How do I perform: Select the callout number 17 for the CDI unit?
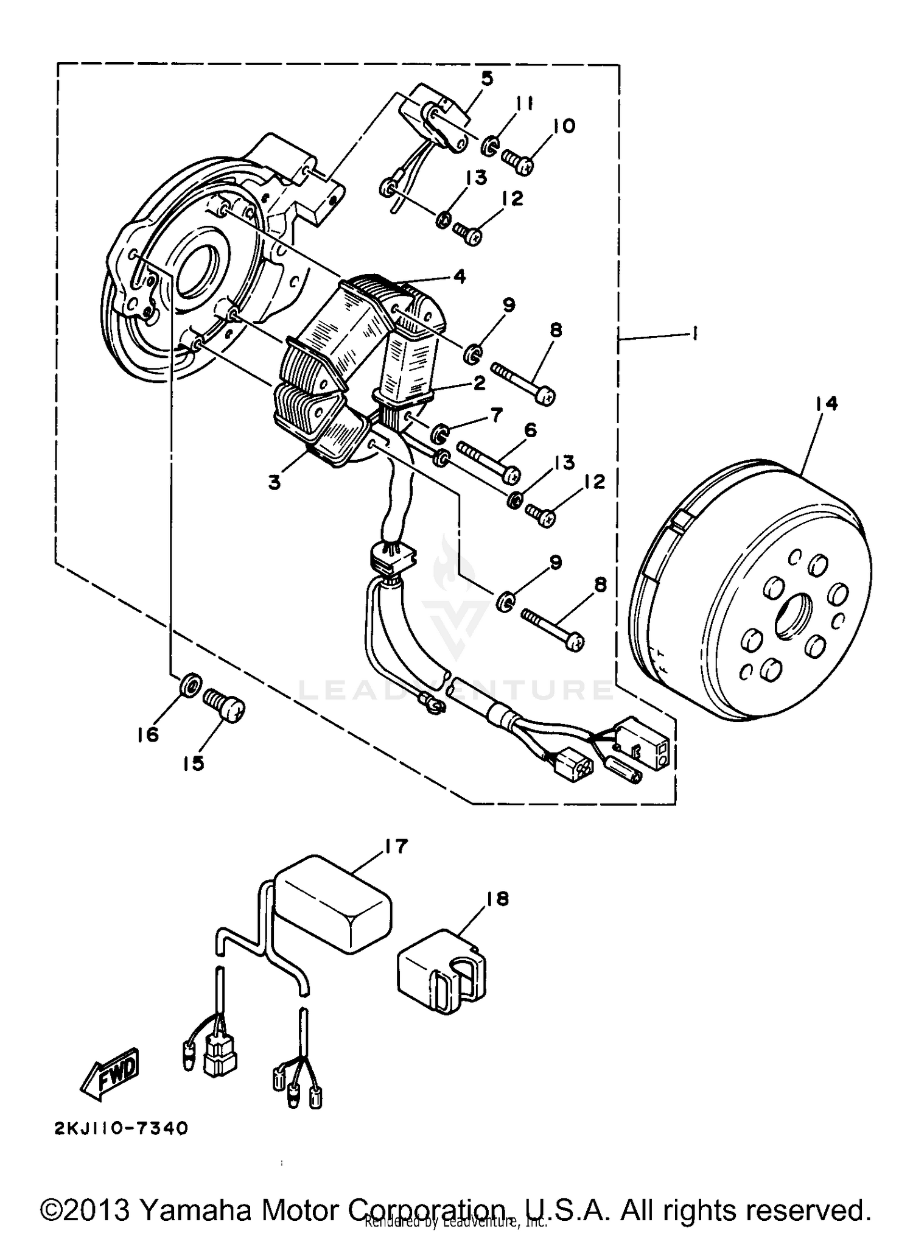396,846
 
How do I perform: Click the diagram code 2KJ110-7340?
121,1129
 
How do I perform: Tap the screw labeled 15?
226,706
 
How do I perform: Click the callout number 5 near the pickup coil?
487,79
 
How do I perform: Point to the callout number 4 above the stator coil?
459,276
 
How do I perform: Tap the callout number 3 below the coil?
275,483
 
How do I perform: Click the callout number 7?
497,415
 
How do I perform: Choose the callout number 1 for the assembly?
694,332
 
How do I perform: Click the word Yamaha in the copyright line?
195,1209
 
